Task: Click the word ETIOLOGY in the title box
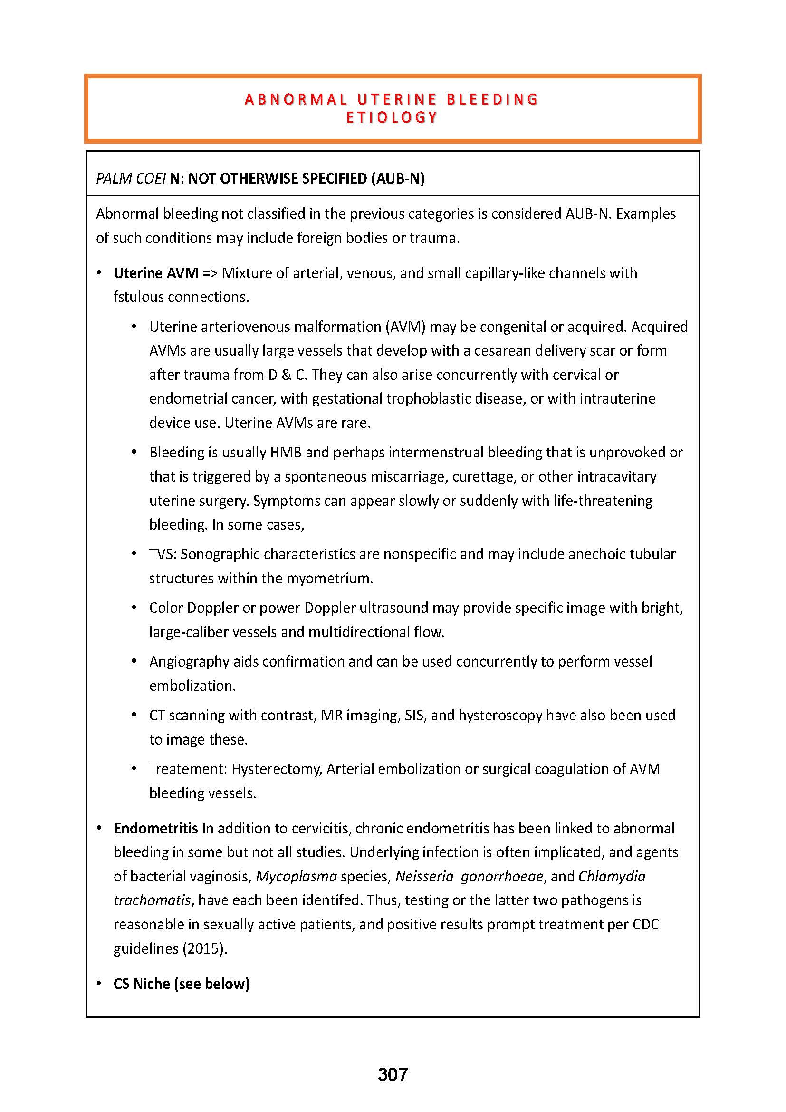(392, 118)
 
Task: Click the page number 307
(393, 1075)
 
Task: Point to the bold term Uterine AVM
(156, 273)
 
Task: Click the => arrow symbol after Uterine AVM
(210, 273)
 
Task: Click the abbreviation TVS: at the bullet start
(163, 554)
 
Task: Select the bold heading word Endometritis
(156, 829)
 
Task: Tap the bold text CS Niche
(142, 984)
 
